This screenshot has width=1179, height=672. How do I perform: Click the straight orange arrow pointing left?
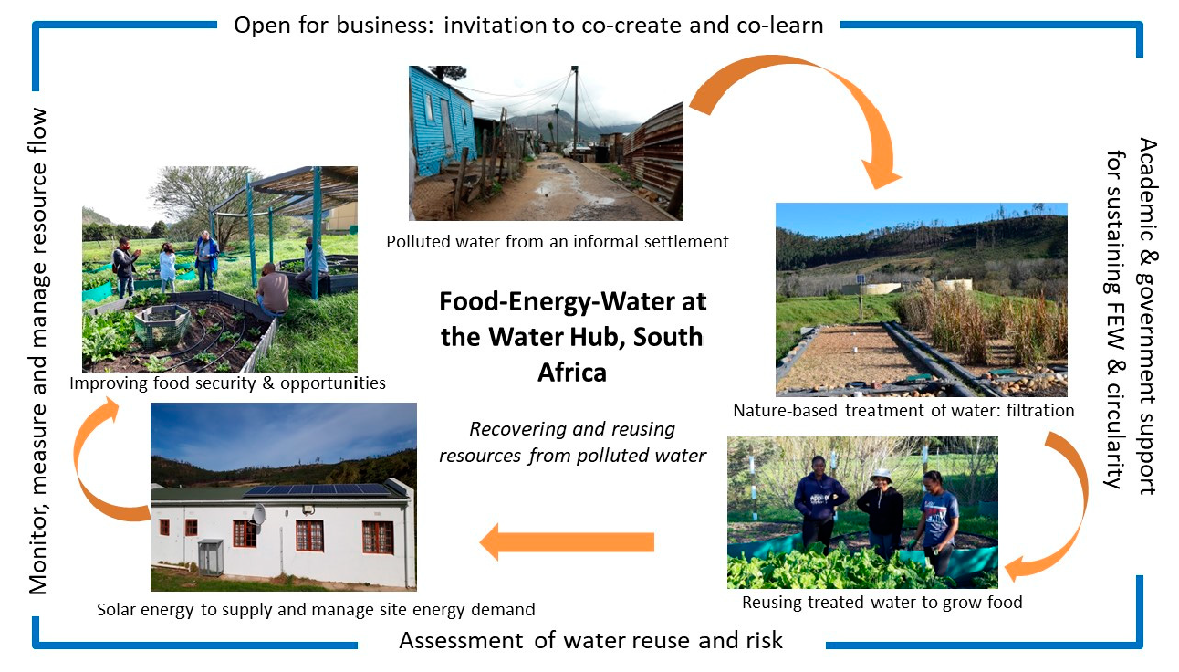click(x=567, y=542)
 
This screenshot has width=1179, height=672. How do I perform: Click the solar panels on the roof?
click(x=319, y=489)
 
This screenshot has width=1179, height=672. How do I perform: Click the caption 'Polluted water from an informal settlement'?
click(x=558, y=241)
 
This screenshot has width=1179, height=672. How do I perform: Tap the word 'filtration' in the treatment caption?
click(x=1040, y=410)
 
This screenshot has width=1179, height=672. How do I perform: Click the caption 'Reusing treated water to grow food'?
click(x=882, y=602)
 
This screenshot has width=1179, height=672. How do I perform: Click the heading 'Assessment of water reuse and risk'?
click(x=591, y=640)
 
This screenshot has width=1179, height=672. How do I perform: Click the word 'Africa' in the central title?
click(x=572, y=373)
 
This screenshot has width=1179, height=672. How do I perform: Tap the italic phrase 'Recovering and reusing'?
click(x=572, y=429)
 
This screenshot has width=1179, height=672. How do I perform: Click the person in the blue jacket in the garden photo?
click(x=206, y=260)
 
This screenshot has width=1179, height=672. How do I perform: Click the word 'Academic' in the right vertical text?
click(x=1147, y=190)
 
